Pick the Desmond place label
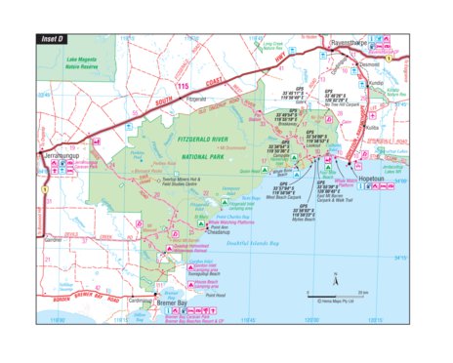(369, 63)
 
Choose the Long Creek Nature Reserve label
(274, 46)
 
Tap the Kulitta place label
(371, 128)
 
